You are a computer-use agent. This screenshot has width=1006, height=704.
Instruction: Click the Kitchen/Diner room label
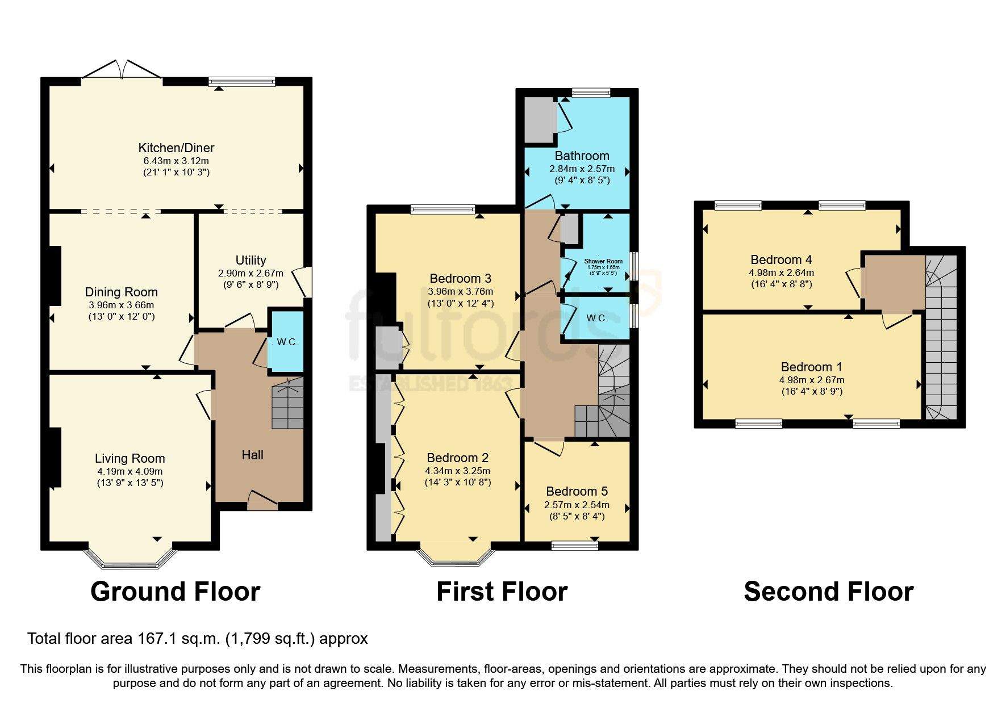176,148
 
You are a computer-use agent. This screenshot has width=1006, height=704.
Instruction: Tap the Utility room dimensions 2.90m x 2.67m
251,273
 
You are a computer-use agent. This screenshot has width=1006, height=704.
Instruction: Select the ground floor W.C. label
287,342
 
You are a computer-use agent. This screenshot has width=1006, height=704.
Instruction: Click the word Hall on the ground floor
252,455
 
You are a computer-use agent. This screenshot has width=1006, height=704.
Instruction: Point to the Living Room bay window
130,559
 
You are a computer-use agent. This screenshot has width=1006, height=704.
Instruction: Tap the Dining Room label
121,292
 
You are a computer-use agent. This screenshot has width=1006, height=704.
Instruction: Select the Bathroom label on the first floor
582,156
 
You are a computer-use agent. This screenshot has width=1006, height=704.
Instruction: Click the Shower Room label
603,262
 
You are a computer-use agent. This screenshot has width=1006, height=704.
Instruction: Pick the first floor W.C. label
596,318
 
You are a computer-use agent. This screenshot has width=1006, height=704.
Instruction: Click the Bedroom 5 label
577,492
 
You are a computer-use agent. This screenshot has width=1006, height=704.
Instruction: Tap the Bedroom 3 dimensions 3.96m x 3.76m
460,291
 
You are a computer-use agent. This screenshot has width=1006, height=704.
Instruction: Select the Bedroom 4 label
781,260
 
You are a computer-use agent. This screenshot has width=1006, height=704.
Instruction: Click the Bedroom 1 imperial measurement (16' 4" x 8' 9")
811,391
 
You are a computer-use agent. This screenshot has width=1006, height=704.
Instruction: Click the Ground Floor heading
175,592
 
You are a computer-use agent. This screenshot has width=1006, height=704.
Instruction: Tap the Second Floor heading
828,592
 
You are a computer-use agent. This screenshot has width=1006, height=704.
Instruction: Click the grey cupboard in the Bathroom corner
539,120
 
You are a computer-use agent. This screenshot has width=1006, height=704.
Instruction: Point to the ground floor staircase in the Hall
287,404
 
